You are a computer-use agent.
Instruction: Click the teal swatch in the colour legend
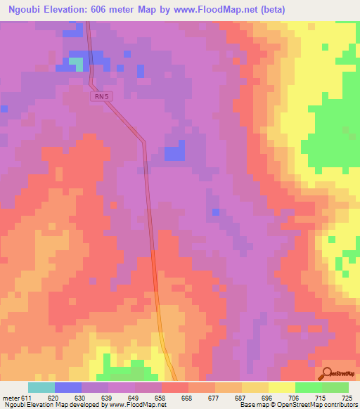[41, 387]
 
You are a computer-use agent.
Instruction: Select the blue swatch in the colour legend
[68, 387]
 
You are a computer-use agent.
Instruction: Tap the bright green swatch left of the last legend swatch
[308, 387]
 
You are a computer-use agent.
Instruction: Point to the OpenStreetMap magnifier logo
[328, 374]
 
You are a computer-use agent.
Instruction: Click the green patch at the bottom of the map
[127, 372]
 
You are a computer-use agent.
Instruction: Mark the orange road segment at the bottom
[165, 344]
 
